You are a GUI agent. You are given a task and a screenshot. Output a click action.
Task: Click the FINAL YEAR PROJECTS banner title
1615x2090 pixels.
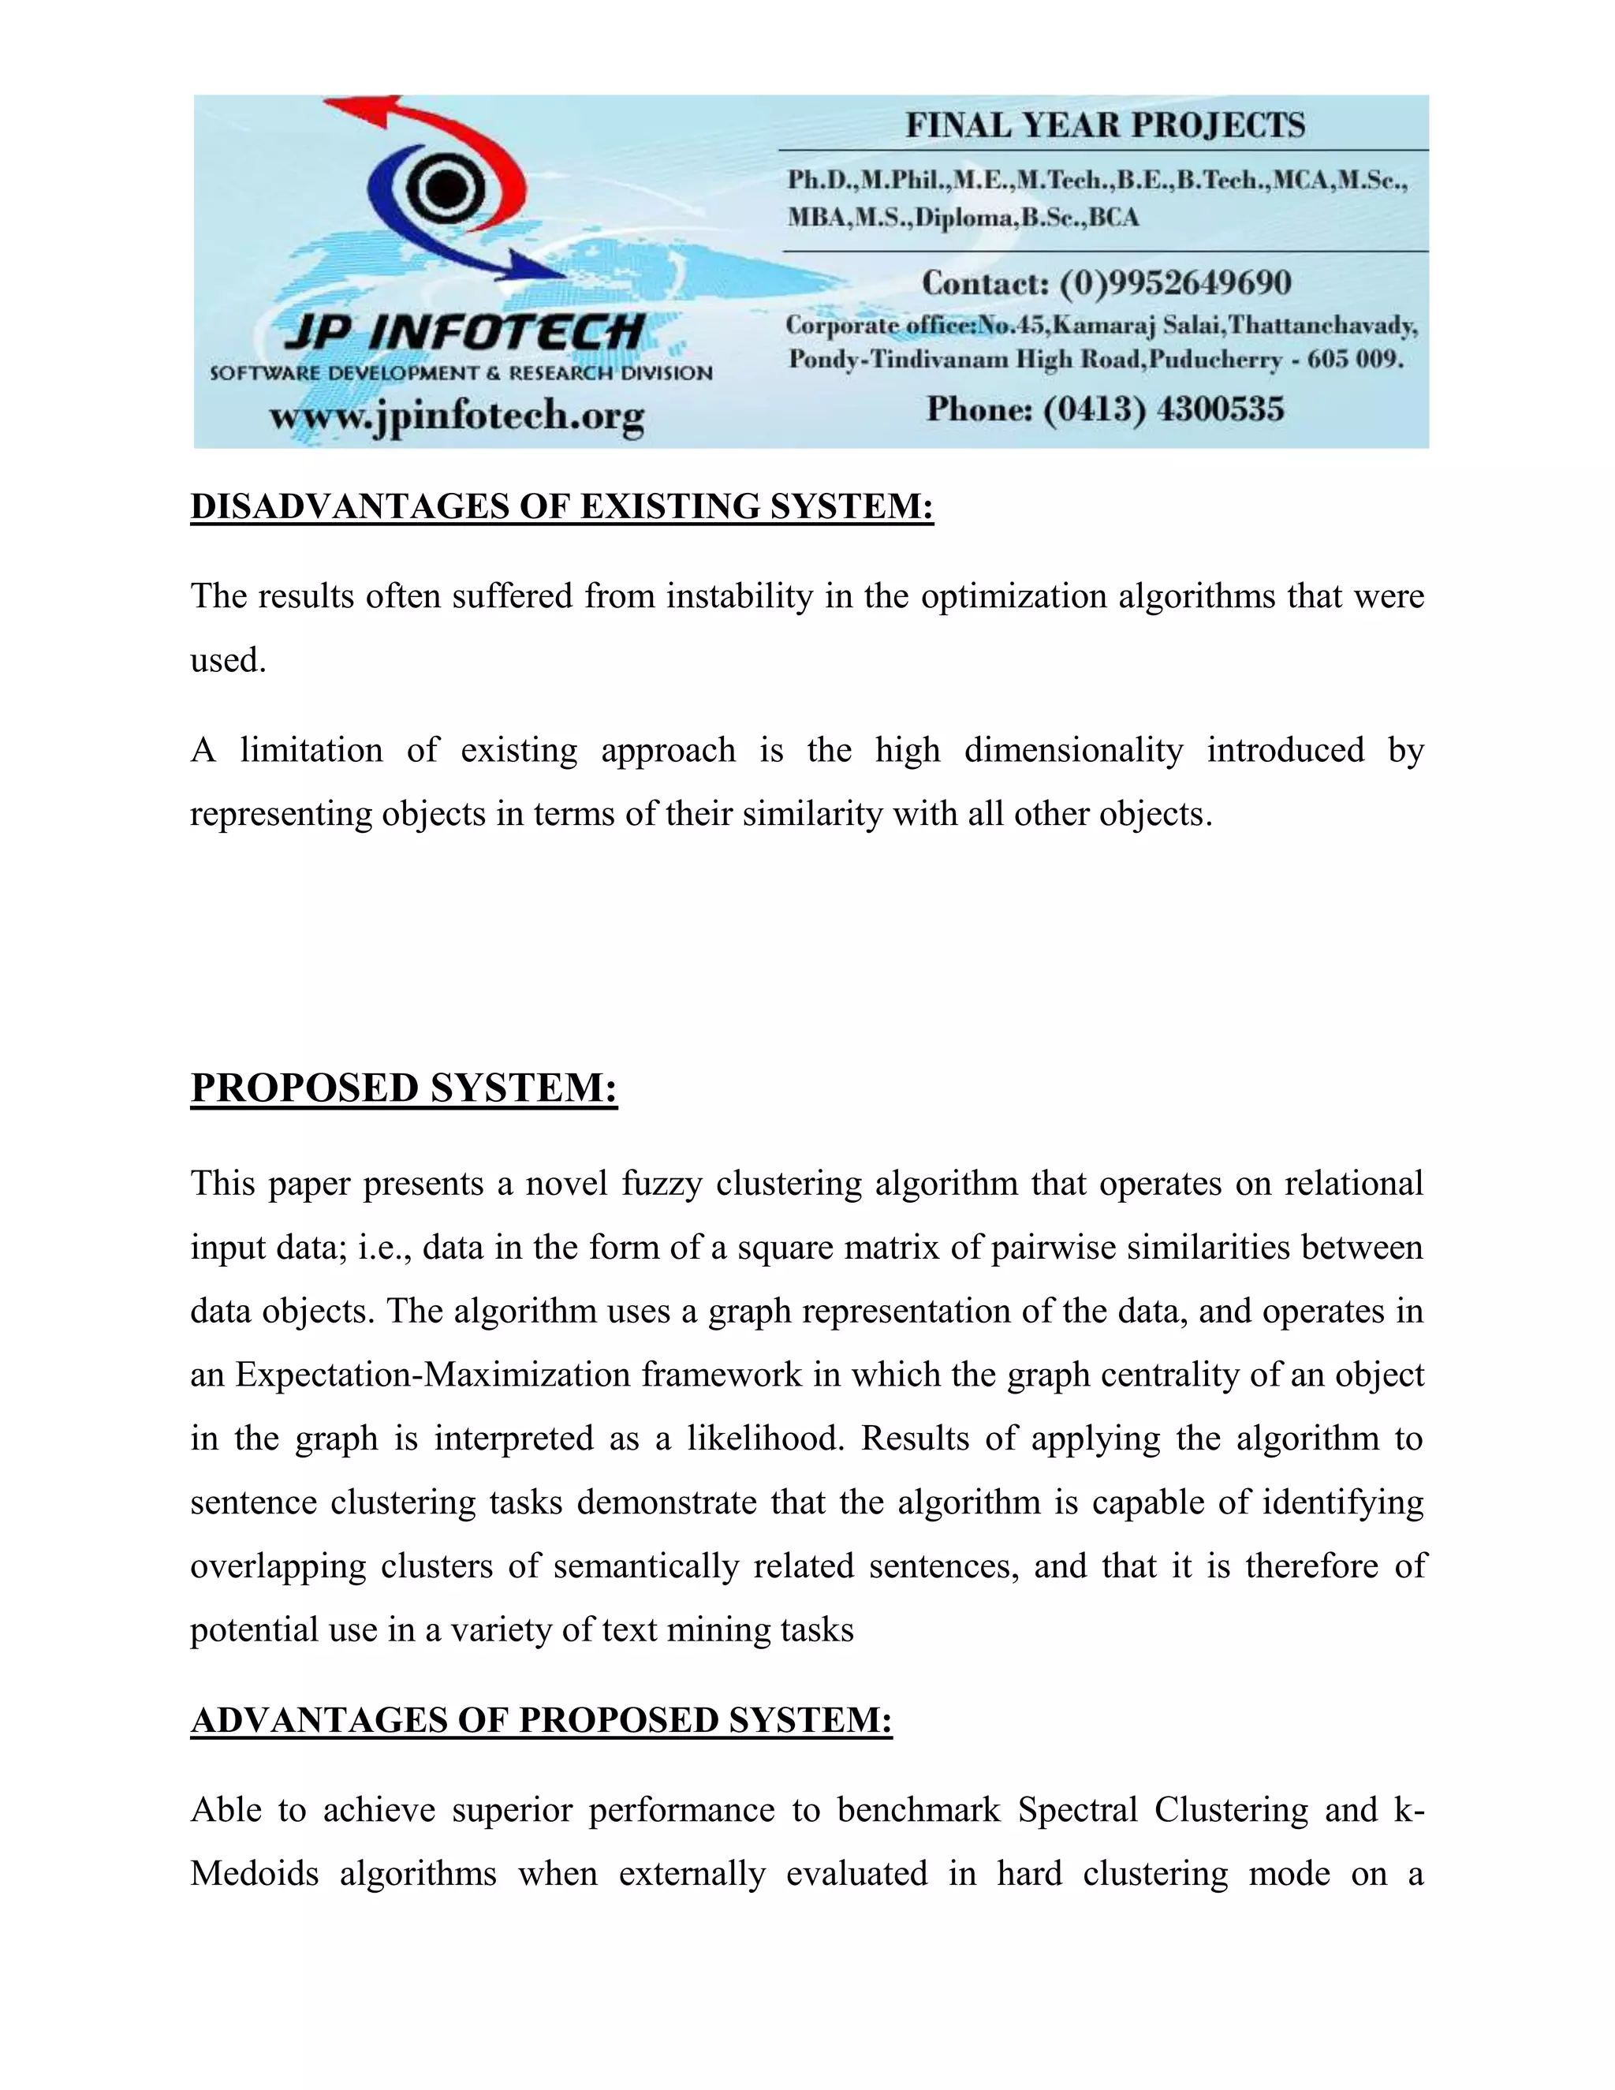(1105, 125)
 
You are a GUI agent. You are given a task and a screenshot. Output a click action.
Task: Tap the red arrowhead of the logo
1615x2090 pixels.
(354, 111)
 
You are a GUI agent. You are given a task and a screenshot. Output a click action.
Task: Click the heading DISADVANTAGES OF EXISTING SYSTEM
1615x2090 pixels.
(561, 506)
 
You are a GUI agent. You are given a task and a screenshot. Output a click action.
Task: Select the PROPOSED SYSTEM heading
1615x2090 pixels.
(404, 1088)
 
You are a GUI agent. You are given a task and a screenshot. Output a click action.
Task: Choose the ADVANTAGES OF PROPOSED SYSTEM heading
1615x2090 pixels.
(542, 1721)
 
